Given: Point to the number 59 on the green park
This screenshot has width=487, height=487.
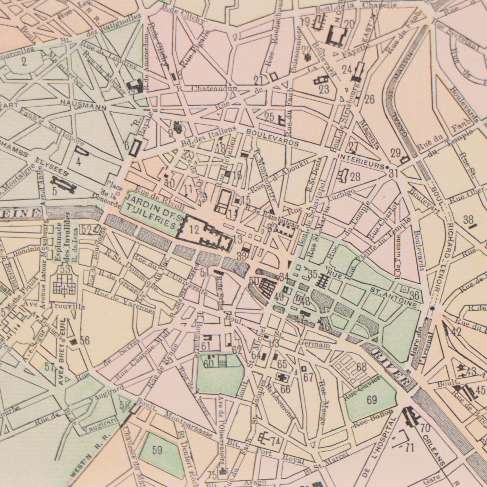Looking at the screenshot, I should click(x=158, y=450).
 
